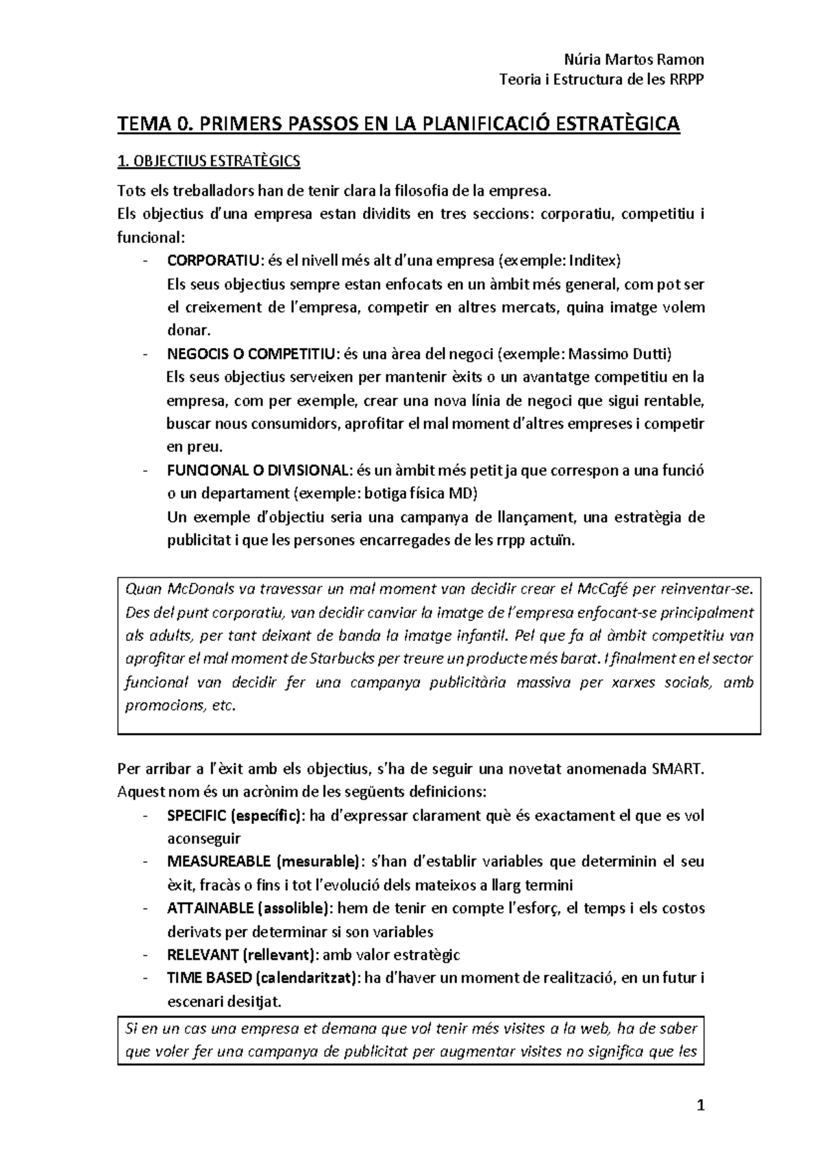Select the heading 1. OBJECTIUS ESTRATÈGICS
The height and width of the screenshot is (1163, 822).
[x=209, y=162]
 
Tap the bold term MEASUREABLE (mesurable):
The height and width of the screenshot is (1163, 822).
[x=264, y=862]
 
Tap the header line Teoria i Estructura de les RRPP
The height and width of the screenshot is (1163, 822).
[x=603, y=80]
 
